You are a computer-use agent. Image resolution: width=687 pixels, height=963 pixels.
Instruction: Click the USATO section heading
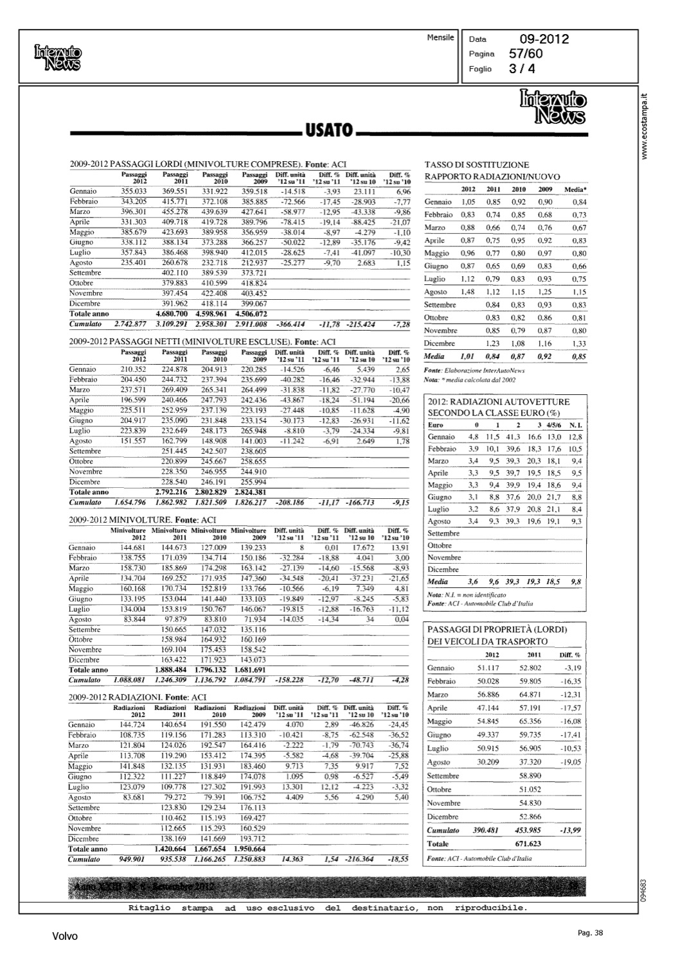(329, 131)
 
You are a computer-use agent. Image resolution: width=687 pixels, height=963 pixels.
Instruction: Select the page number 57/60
(525, 54)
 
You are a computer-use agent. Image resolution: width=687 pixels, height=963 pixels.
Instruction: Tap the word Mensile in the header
(440, 38)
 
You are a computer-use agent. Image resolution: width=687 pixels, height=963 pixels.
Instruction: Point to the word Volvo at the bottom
(65, 936)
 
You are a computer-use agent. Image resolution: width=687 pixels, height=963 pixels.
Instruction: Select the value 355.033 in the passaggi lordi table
(134, 191)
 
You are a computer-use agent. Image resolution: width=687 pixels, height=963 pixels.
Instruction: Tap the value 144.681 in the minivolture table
(133, 548)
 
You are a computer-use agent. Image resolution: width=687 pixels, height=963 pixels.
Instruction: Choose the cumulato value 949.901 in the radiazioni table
(133, 859)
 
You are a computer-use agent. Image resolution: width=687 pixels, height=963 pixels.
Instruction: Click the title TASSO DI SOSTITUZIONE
(477, 165)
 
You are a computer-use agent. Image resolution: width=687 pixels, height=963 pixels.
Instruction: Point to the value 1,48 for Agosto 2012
(467, 292)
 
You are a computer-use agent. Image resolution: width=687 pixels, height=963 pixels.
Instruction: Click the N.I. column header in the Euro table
(575, 425)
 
